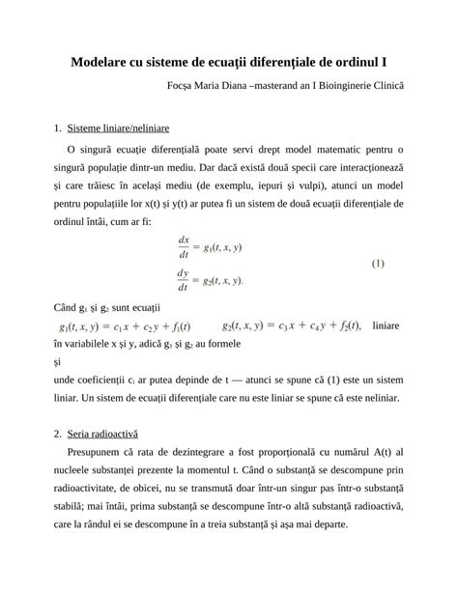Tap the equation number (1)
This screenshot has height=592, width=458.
tap(378, 263)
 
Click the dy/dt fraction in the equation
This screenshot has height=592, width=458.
tap(184, 280)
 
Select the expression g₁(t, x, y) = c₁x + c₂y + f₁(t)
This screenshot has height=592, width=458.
tap(125, 325)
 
